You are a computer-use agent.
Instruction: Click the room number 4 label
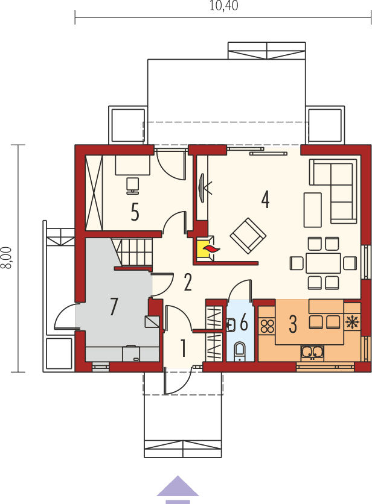click(x=265, y=199)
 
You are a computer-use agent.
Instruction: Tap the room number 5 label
click(x=135, y=212)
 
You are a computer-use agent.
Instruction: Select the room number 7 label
click(x=114, y=306)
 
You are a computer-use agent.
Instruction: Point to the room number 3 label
click(x=293, y=324)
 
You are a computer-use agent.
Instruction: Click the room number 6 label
click(x=244, y=323)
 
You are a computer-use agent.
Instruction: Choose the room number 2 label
click(x=188, y=282)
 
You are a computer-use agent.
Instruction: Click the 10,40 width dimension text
click(x=223, y=7)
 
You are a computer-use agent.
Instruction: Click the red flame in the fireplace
click(x=208, y=247)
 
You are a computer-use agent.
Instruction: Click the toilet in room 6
click(x=239, y=350)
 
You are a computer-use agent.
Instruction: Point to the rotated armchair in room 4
click(x=248, y=235)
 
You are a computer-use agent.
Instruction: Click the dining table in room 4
click(x=324, y=263)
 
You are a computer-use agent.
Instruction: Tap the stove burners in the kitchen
click(x=267, y=326)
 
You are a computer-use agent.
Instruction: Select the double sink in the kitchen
click(x=313, y=351)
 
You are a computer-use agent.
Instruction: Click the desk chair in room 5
click(x=133, y=184)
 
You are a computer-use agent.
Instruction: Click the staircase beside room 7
click(x=136, y=252)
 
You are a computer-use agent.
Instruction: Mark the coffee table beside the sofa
click(x=312, y=209)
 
